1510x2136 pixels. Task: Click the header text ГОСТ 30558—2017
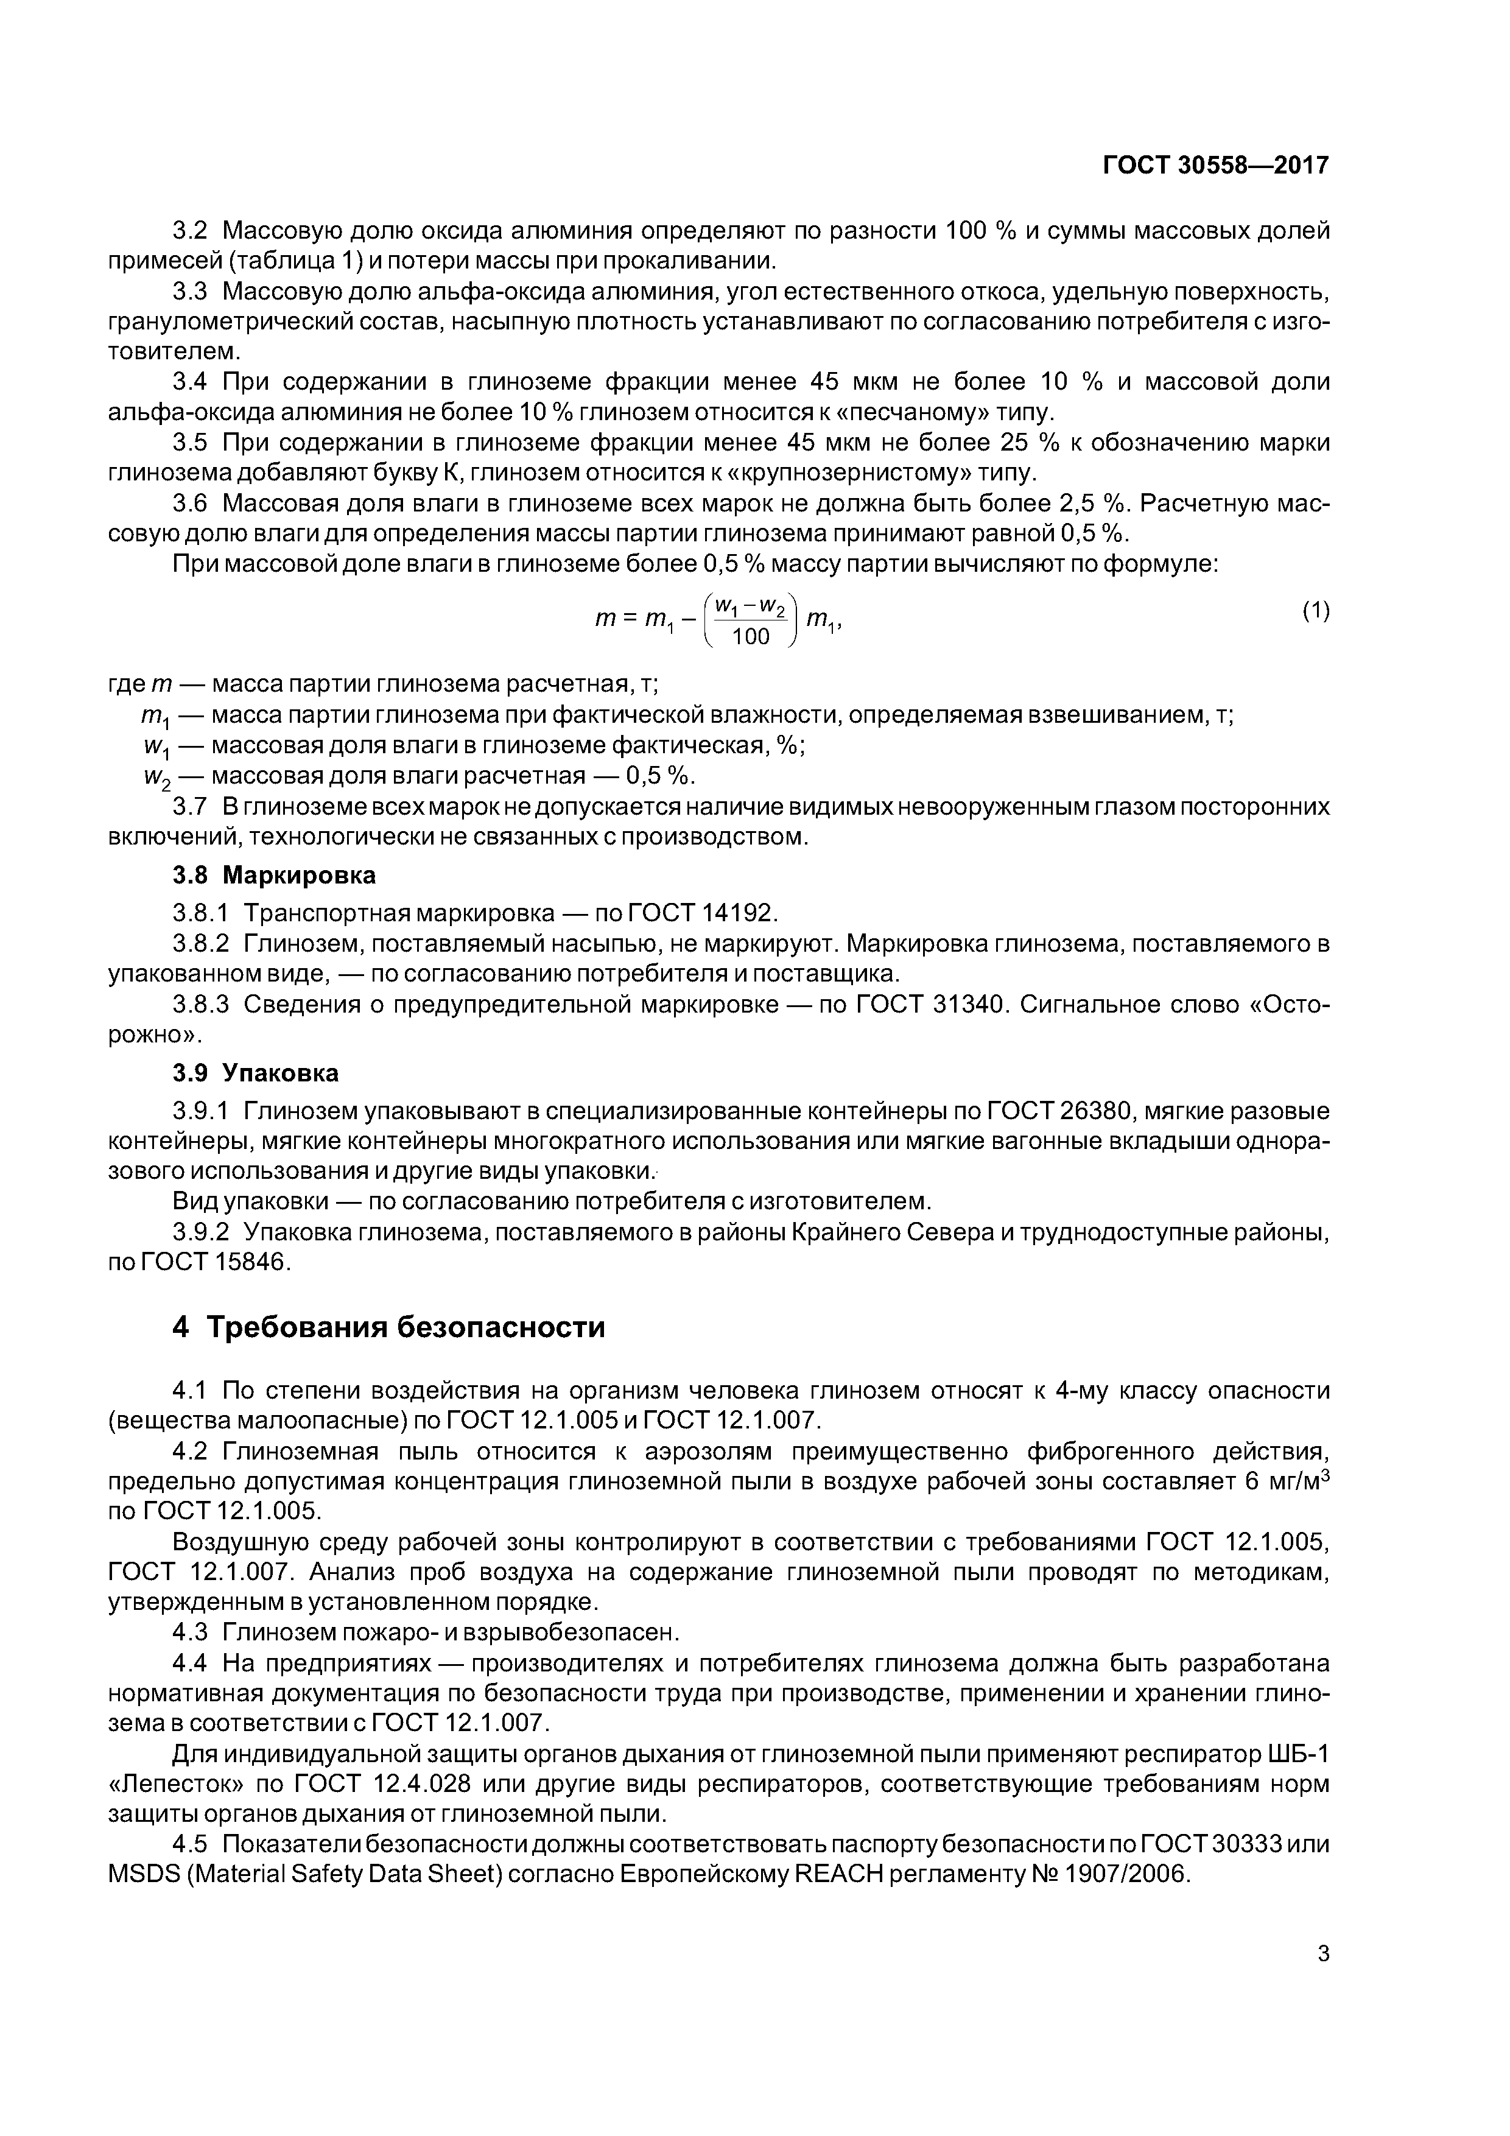coord(1215,166)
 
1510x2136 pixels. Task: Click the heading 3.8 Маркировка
coord(275,876)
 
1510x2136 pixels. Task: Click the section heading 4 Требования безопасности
coord(389,1327)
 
